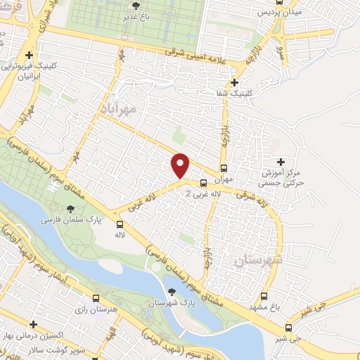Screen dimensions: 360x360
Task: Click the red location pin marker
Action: pos(181,165)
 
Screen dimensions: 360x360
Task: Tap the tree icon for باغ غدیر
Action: pos(146,6)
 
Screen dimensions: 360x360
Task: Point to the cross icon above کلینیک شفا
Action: pos(224,82)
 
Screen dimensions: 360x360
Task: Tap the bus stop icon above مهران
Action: pos(224,168)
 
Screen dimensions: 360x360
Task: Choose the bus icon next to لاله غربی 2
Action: pos(204,183)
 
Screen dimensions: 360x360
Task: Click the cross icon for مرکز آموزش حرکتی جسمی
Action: pos(281,162)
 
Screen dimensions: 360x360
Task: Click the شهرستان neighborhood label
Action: pos(257,261)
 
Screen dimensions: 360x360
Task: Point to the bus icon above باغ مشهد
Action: pos(264,296)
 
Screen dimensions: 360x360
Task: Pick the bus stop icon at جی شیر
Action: pos(288,328)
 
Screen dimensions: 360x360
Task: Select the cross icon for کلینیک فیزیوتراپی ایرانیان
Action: pos(29,55)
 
